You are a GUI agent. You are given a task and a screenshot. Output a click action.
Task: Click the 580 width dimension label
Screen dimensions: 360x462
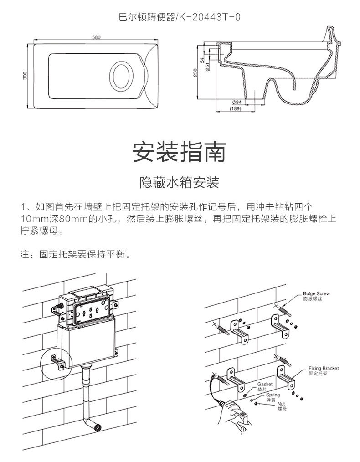click(x=96, y=37)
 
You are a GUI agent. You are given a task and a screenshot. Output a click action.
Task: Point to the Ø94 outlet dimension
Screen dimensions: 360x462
click(x=237, y=102)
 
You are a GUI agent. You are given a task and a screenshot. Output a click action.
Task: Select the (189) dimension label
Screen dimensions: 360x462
click(x=236, y=109)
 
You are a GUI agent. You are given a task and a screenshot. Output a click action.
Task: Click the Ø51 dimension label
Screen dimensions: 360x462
click(x=207, y=67)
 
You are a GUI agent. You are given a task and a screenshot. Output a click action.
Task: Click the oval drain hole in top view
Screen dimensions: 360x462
click(x=121, y=76)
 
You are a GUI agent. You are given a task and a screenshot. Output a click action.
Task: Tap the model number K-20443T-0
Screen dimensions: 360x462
click(x=211, y=17)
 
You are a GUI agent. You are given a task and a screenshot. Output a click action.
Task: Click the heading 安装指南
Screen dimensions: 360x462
click(x=180, y=152)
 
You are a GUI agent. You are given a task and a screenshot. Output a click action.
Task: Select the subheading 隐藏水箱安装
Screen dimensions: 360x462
click(x=180, y=182)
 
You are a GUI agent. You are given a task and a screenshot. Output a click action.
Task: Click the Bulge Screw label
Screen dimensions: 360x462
click(x=316, y=293)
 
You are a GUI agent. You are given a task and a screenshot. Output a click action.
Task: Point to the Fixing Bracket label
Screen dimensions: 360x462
click(x=324, y=368)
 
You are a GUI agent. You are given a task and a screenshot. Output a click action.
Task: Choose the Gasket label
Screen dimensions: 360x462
click(x=265, y=384)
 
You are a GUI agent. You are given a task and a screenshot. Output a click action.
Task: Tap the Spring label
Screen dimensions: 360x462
click(x=273, y=395)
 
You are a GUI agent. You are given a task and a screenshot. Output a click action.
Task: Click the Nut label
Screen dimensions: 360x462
click(x=281, y=404)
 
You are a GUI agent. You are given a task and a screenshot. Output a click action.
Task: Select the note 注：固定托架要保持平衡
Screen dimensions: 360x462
click(x=75, y=254)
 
